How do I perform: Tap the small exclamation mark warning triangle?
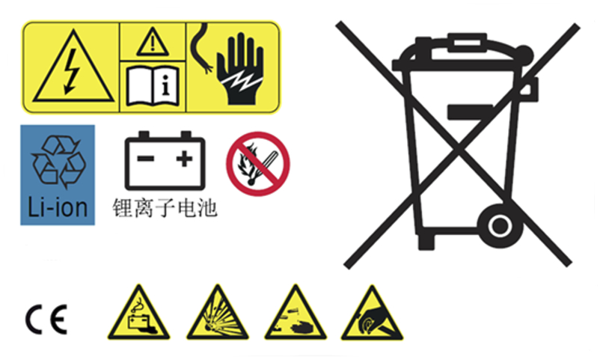(x=153, y=42)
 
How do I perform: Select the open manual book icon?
(x=153, y=86)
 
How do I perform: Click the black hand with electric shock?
(x=240, y=69)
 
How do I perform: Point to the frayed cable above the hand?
(x=201, y=48)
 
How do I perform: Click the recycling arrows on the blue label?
(x=59, y=162)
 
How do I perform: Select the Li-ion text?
(x=58, y=207)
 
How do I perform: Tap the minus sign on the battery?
(x=146, y=158)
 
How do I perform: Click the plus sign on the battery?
(x=184, y=159)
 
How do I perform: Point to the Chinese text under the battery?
(x=165, y=208)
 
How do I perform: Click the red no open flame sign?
(x=258, y=164)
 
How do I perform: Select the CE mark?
(x=46, y=320)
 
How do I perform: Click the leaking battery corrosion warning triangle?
(x=139, y=314)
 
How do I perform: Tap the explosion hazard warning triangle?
(x=218, y=314)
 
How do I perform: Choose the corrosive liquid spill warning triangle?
(x=296, y=314)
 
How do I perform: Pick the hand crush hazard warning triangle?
(x=372, y=314)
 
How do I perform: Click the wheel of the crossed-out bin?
(x=500, y=226)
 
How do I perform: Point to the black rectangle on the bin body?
(x=470, y=112)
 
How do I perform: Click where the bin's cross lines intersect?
(x=458, y=145)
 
